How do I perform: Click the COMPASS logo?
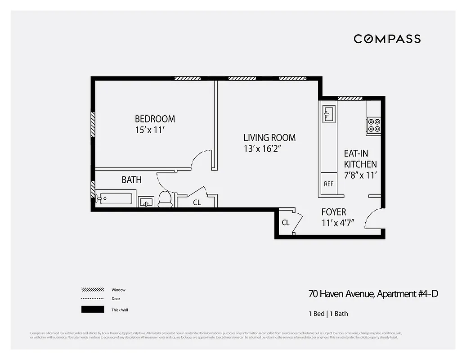(387, 39)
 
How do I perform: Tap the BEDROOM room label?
(155, 119)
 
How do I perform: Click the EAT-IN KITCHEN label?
(360, 159)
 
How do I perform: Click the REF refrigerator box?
(328, 184)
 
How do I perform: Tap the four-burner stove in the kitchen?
(374, 125)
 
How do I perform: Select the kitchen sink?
(328, 114)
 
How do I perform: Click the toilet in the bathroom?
(165, 199)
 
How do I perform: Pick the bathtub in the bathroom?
(115, 199)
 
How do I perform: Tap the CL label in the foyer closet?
(285, 222)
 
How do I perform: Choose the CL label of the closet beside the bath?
(197, 202)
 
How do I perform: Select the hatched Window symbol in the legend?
(93, 290)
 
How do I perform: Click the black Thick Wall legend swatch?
(93, 310)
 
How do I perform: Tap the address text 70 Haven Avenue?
(341, 294)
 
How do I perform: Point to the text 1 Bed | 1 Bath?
(328, 314)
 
